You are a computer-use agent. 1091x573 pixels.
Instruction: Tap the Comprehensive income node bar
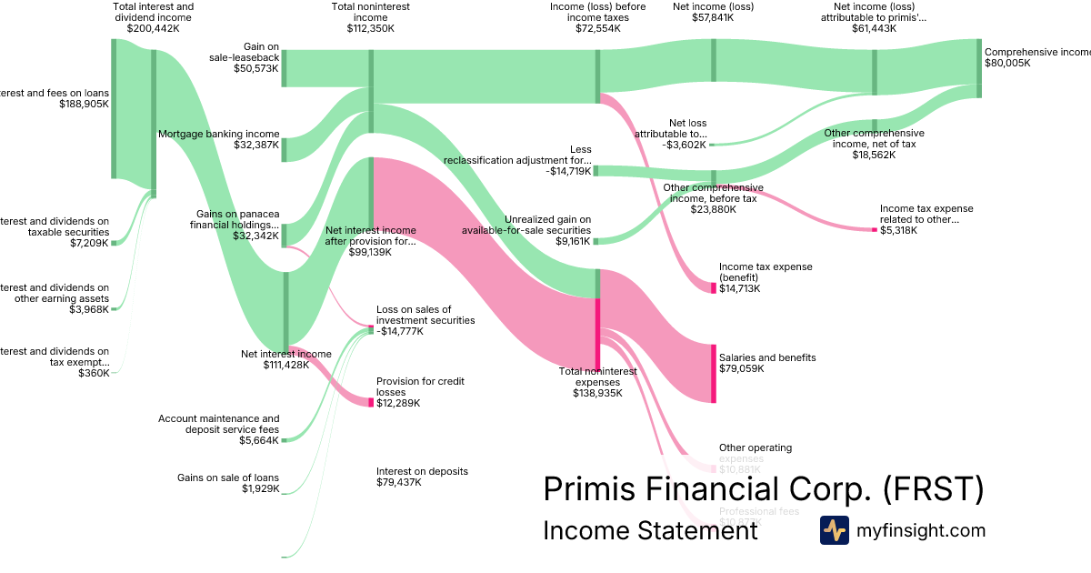pyautogui.click(x=979, y=68)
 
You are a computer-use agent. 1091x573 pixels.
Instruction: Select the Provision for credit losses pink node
pyautogui.click(x=371, y=402)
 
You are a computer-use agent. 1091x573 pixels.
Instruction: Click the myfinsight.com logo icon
pyautogui.click(x=834, y=530)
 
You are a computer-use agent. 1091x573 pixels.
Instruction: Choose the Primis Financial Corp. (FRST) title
pyautogui.click(x=763, y=489)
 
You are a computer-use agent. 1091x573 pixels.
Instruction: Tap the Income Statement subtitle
pyautogui.click(x=649, y=530)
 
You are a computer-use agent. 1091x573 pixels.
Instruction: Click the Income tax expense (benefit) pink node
pyautogui.click(x=714, y=287)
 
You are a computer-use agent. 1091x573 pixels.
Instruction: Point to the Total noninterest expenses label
pyautogui.click(x=597, y=382)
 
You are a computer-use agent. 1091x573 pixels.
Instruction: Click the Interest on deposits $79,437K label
pyautogui.click(x=422, y=477)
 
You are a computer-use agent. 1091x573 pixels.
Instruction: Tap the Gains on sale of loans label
pyautogui.click(x=228, y=483)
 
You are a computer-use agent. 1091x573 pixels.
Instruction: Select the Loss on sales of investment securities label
pyautogui.click(x=425, y=320)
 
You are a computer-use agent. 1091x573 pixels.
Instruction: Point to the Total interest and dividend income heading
pyautogui.click(x=153, y=16)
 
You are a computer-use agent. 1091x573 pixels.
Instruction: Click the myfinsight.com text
pyautogui.click(x=921, y=530)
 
